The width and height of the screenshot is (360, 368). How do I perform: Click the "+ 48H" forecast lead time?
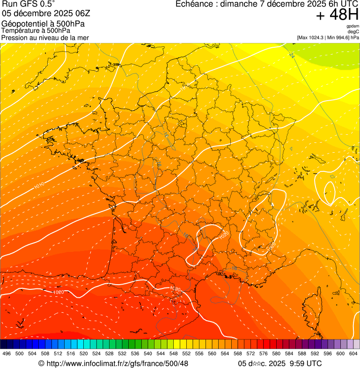(x=337, y=15)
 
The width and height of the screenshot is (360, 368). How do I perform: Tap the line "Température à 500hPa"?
(x=36, y=30)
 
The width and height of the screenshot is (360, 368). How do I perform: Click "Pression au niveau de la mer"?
(x=45, y=37)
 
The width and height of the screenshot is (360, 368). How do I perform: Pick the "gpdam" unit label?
(x=353, y=26)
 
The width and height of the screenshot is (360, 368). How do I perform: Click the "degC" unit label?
(x=354, y=31)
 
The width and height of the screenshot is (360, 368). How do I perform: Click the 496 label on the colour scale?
(x=7, y=354)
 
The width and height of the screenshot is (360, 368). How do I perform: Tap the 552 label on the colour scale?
(x=186, y=354)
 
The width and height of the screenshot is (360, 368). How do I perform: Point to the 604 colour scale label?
(x=353, y=354)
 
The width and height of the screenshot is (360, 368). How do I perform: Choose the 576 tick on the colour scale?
(x=263, y=354)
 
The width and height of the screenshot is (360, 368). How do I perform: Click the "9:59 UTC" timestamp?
(x=307, y=363)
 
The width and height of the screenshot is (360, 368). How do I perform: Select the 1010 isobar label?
(x=39, y=186)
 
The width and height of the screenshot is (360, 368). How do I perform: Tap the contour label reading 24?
(x=291, y=55)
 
